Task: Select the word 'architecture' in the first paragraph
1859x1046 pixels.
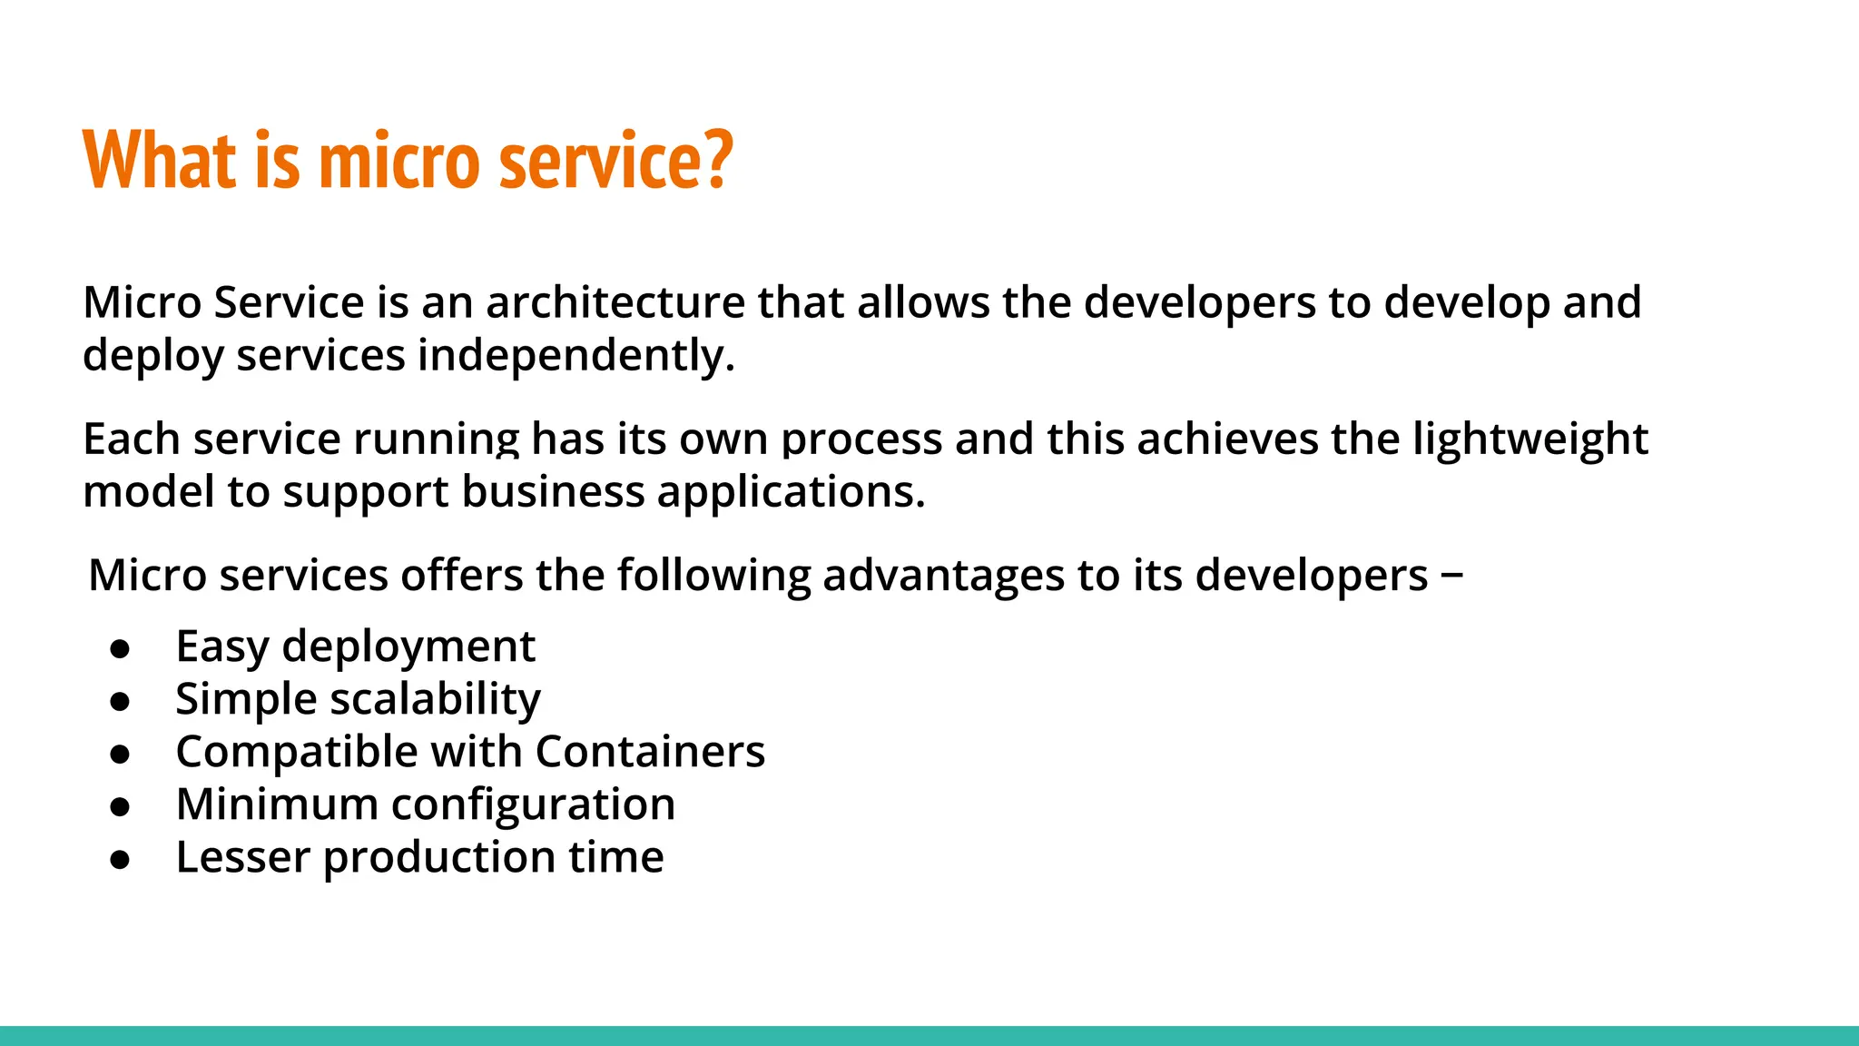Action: (615, 302)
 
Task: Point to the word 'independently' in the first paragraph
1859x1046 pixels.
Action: (574, 355)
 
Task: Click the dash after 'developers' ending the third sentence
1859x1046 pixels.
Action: (1451, 576)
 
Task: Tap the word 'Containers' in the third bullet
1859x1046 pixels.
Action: (650, 752)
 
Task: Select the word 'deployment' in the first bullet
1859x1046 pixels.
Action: (408, 648)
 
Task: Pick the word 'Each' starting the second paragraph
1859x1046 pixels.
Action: (132, 439)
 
